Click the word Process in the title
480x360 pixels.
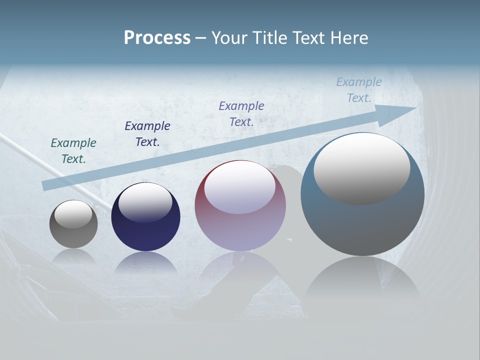tap(157, 38)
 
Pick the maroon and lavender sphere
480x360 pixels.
tap(240, 230)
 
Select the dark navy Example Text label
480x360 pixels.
tap(147, 134)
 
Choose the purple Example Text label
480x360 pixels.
tap(241, 113)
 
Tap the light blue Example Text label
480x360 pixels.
tap(359, 90)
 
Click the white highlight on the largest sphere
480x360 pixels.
tap(362, 168)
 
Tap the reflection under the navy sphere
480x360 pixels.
tap(145, 263)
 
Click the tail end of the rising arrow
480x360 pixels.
tap(47, 185)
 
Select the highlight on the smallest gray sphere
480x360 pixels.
tap(73, 214)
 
